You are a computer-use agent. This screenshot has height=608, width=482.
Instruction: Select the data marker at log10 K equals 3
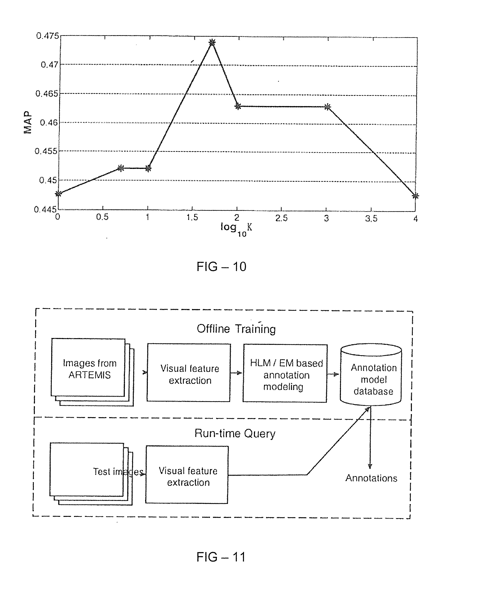point(327,107)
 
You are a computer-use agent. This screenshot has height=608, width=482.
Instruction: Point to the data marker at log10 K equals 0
point(58,194)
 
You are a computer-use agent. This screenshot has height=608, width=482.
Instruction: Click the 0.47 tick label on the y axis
point(50,65)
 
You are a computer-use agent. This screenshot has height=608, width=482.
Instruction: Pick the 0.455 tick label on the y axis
point(46,151)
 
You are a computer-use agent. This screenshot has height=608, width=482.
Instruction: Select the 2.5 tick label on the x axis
point(281,218)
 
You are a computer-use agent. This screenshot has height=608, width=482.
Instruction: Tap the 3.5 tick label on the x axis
point(371,218)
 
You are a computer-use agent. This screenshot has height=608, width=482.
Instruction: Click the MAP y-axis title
point(28,122)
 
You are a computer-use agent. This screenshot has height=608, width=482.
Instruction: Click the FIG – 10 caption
point(221,267)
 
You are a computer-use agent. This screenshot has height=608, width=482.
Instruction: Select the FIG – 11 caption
point(221,557)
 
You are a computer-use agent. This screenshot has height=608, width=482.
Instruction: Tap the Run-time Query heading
point(235,433)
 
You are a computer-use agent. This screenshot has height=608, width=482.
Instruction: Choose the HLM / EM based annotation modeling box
point(285,373)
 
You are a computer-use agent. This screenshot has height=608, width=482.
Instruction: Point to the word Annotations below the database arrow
point(371,478)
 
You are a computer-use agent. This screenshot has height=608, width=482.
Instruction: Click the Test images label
point(118,471)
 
